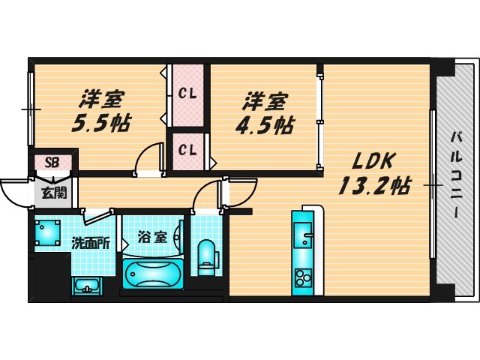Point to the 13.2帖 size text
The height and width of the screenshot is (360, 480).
pyautogui.click(x=373, y=184)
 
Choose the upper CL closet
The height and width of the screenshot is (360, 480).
pyautogui.click(x=187, y=94)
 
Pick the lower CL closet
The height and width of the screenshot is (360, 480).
pyautogui.click(x=187, y=149)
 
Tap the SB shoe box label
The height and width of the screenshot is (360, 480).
pyautogui.click(x=52, y=162)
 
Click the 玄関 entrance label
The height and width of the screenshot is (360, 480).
pyautogui.click(x=52, y=192)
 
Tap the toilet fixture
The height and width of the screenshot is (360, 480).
pyautogui.click(x=205, y=254)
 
